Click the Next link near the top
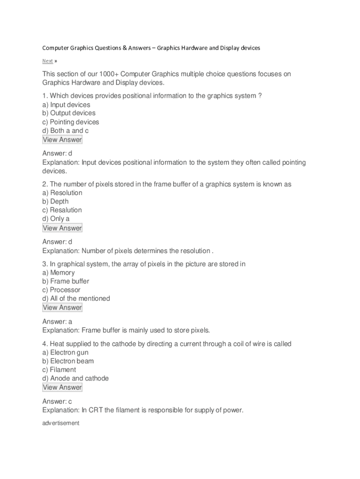tap(47, 61)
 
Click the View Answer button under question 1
tap(62, 139)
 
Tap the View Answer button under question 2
tap(62, 228)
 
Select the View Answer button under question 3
tap(62, 307)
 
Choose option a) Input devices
tap(66, 105)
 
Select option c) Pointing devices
tap(71, 122)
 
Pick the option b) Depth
tap(56, 202)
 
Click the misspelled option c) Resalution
tap(62, 210)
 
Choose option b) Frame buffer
tap(66, 281)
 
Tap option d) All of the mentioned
tap(76, 298)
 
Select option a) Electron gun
tap(65, 352)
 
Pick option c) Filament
tap(59, 370)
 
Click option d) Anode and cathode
tap(75, 378)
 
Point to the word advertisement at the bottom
tap(61, 423)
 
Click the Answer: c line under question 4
tap(57, 401)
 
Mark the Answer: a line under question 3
tap(57, 322)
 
